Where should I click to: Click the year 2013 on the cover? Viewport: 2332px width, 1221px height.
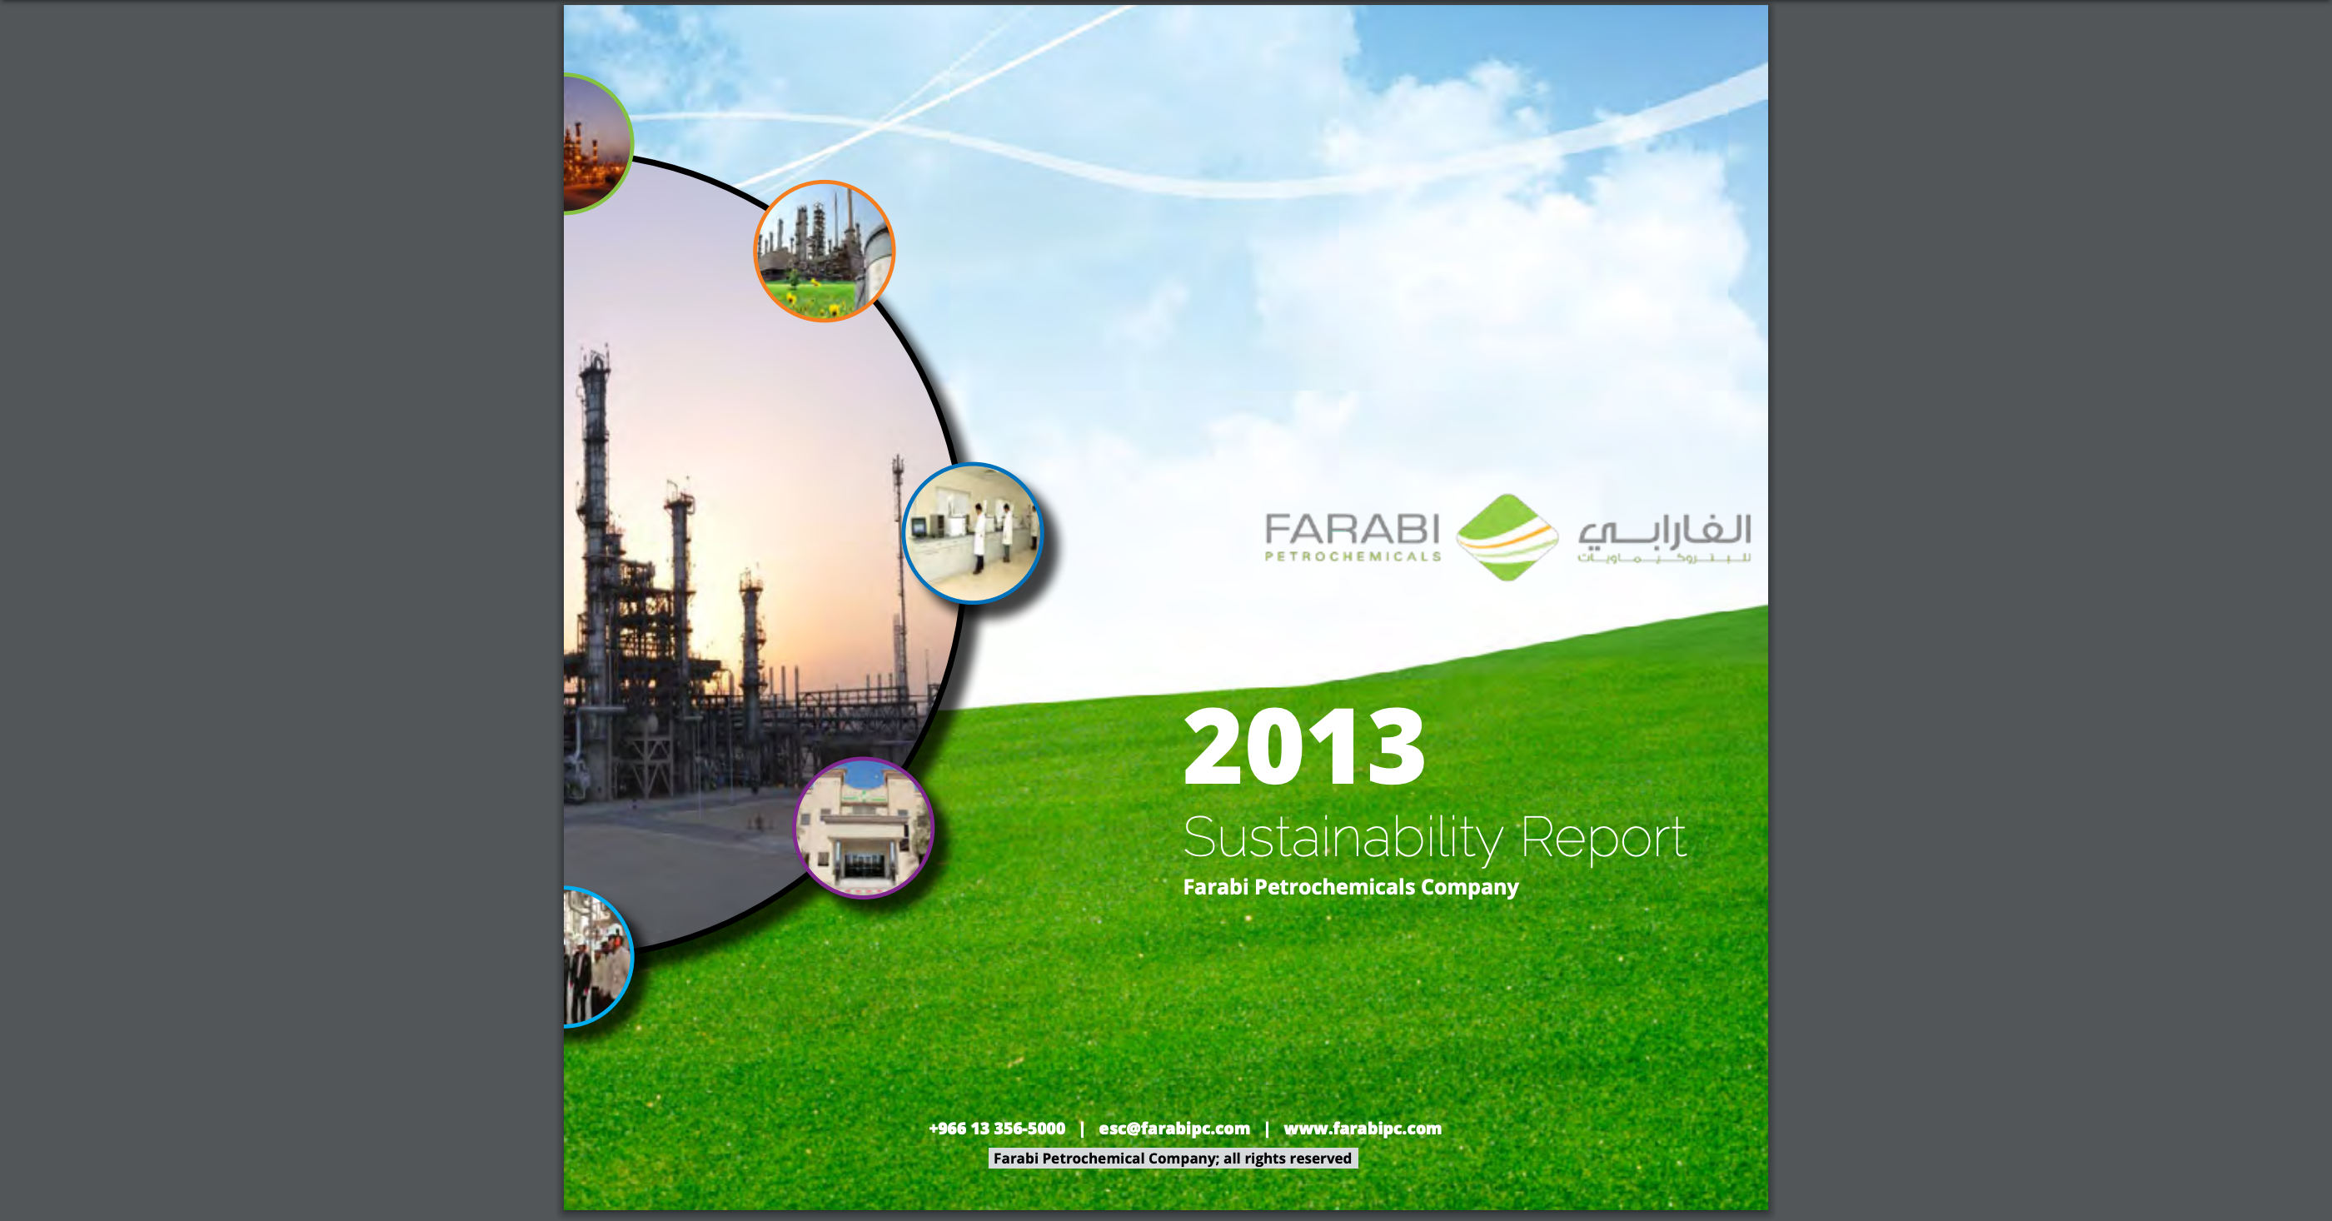1303,747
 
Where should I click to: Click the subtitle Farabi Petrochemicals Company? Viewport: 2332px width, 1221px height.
1351,887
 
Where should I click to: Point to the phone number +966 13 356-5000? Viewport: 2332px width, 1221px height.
997,1129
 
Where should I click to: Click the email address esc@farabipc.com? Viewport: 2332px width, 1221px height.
1174,1129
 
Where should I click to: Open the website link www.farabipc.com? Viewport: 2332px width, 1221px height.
1363,1129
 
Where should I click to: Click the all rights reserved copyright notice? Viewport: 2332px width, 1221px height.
1173,1159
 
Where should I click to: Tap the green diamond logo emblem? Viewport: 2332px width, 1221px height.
1507,538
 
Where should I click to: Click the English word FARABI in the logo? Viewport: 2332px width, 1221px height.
1353,530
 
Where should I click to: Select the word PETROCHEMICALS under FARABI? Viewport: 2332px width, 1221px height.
1353,556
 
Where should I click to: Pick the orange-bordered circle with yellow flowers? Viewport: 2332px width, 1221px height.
825,252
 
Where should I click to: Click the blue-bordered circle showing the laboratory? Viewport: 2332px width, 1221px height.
973,533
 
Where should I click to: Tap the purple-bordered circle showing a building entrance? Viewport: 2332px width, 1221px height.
864,828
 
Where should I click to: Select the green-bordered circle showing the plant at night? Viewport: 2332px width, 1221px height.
596,144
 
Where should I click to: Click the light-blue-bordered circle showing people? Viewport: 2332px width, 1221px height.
597,957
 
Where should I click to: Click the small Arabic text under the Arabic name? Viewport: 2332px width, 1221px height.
1665,557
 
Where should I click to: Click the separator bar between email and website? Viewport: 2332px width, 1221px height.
1267,1129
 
